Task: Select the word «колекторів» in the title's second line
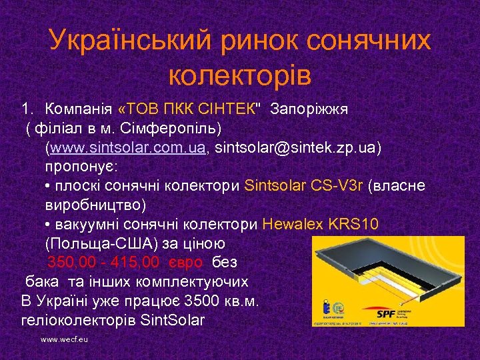click(240, 75)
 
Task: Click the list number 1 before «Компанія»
click(26, 108)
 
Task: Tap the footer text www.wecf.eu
click(65, 339)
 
